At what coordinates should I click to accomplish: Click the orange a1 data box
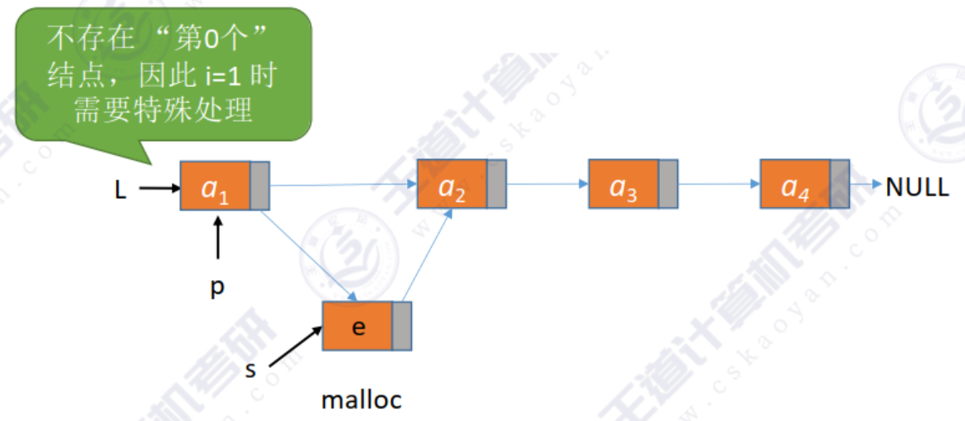coord(216,186)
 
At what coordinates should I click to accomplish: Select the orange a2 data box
coord(452,184)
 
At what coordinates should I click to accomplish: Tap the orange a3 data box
coord(623,184)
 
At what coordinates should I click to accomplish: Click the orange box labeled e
coord(357,326)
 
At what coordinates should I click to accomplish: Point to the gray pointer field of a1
coord(259,186)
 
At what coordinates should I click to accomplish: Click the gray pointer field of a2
coord(496,184)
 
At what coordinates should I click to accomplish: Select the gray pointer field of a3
coord(667,184)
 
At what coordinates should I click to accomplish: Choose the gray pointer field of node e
coord(401,326)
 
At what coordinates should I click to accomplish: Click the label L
coord(121,190)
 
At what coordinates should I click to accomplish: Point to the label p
coord(217,288)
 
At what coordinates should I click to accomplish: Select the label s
coord(250,369)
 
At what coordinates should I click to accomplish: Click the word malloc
coord(361,400)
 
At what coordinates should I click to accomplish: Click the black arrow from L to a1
coord(159,189)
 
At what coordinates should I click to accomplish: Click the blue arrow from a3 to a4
coord(718,184)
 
